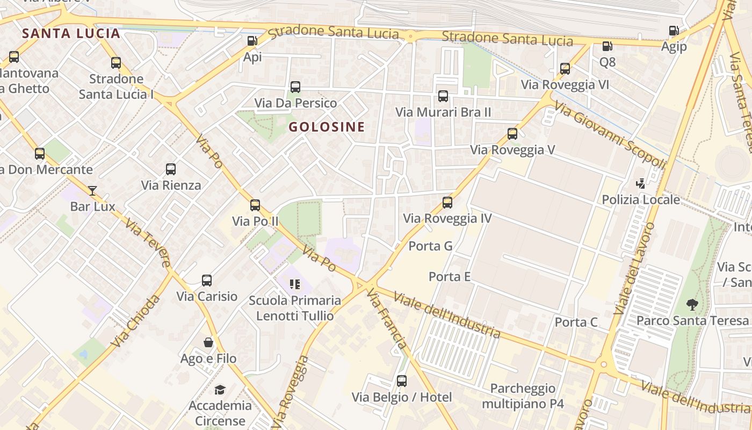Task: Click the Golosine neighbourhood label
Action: tap(327, 127)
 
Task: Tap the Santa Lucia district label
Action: tap(71, 33)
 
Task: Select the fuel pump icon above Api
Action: tap(252, 41)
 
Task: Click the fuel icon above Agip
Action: tap(674, 31)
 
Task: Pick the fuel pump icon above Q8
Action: tap(607, 47)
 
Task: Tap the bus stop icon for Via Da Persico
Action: tap(295, 87)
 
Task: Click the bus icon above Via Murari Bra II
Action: tap(443, 96)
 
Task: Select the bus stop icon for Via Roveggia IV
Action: tap(447, 203)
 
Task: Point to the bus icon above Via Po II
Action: tap(255, 205)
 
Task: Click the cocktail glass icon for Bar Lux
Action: tap(92, 190)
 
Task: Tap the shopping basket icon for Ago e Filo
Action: tap(208, 342)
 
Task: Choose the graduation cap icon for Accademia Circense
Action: tap(220, 390)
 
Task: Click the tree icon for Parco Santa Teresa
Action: tap(692, 305)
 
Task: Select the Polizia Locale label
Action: tap(641, 200)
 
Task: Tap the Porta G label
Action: tap(431, 246)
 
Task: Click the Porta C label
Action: tap(576, 322)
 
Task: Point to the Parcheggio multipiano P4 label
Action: tap(523, 396)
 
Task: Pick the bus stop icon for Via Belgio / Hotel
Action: tap(402, 382)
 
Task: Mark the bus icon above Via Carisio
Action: tap(207, 281)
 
